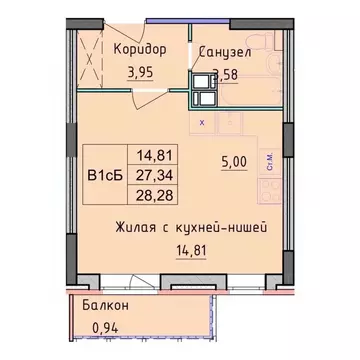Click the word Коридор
139,49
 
